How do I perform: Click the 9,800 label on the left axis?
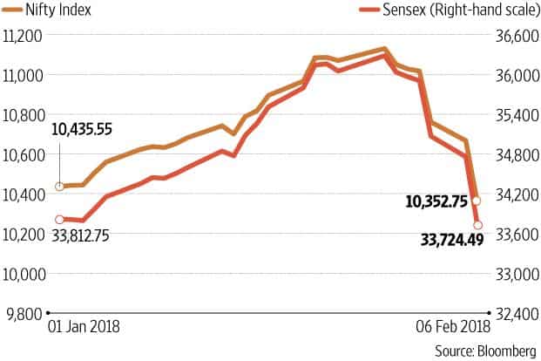click(23, 313)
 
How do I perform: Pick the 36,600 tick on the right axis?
click(511, 37)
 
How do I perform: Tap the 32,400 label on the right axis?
click(511, 313)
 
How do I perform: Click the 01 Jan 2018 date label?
click(82, 330)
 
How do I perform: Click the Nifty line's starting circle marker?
click(59, 187)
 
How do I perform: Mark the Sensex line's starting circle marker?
click(59, 220)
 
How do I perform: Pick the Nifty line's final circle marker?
click(477, 201)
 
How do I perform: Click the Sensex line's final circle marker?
click(477, 225)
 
